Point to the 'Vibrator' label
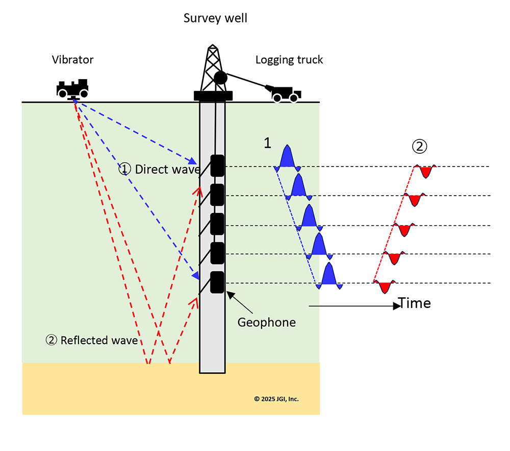72,60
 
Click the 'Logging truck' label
289,60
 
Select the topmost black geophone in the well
218,165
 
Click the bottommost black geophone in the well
218,282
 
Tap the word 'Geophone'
267,322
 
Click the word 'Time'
415,303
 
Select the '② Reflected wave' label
92,340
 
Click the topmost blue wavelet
287,158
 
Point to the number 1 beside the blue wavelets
267,144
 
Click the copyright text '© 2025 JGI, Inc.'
276,399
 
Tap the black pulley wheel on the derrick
220,78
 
